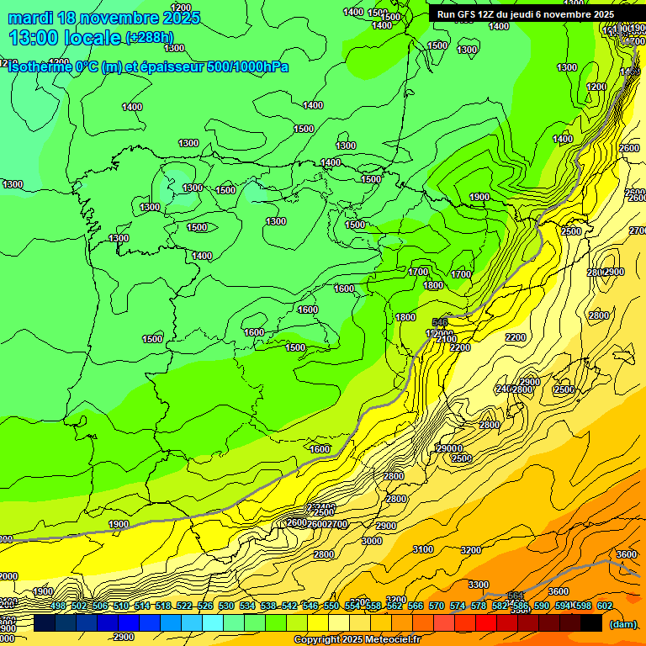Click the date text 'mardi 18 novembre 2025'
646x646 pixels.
click(x=104, y=18)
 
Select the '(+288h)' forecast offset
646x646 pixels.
click(x=151, y=38)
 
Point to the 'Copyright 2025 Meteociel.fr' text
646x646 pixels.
click(x=357, y=640)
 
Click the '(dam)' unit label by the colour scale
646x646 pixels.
click(x=622, y=624)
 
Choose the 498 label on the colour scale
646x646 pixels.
click(x=58, y=606)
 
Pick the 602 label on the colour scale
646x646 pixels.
click(x=605, y=606)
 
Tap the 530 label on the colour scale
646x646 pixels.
click(x=226, y=606)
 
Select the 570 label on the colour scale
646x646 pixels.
click(x=437, y=606)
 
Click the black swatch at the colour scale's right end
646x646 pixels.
click(x=591, y=623)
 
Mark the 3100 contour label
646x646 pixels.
click(x=423, y=549)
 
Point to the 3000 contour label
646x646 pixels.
click(x=371, y=541)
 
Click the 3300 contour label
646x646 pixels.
click(x=479, y=585)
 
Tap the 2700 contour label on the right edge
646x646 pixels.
click(x=638, y=230)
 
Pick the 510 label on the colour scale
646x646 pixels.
click(x=121, y=606)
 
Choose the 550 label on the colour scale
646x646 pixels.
click(x=331, y=606)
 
